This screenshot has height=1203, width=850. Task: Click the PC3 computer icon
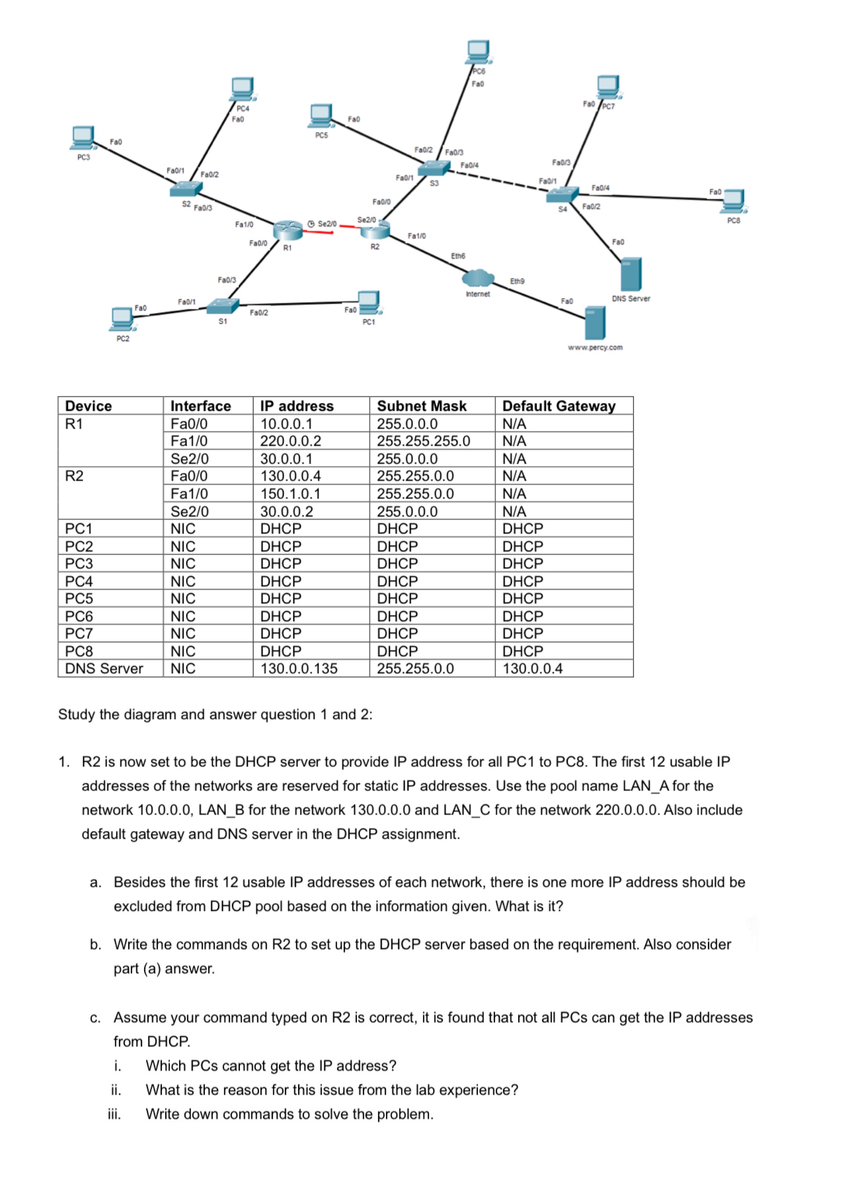(83, 137)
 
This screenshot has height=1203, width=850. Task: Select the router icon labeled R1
(287, 230)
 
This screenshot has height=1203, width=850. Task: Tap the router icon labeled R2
(376, 230)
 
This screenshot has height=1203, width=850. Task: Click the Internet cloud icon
(478, 277)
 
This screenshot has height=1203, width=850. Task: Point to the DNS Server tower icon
(631, 274)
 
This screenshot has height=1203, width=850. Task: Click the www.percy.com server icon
(595, 322)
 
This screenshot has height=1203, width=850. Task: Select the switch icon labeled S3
(434, 168)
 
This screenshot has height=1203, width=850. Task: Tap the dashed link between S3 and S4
(497, 180)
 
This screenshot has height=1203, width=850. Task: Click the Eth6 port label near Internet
(458, 256)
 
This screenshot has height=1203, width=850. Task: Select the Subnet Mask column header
(421, 406)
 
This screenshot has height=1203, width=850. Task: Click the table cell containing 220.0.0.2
(291, 441)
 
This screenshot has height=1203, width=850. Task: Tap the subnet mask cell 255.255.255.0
(423, 441)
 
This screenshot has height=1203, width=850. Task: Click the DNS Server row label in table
(104, 669)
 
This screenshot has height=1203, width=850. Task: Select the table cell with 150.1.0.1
(290, 494)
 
